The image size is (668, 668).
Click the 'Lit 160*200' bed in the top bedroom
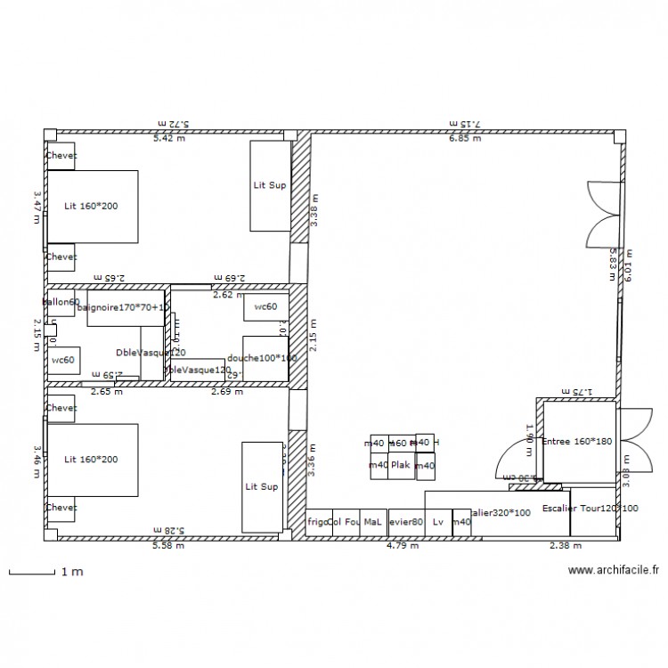point(92,207)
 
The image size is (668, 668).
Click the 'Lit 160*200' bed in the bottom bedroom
point(92,460)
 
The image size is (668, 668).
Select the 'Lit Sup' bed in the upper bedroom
point(270,187)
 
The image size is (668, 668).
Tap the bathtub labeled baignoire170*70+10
point(126,308)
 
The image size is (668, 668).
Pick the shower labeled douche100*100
point(263,358)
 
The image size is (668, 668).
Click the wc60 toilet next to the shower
point(265,307)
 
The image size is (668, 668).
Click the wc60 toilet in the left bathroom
point(61,360)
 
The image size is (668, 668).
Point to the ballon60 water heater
point(61,303)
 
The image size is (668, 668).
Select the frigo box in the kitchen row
point(315,523)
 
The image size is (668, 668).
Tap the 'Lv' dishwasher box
point(437,523)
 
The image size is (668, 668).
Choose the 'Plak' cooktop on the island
point(401,464)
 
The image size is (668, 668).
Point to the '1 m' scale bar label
point(71,573)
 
